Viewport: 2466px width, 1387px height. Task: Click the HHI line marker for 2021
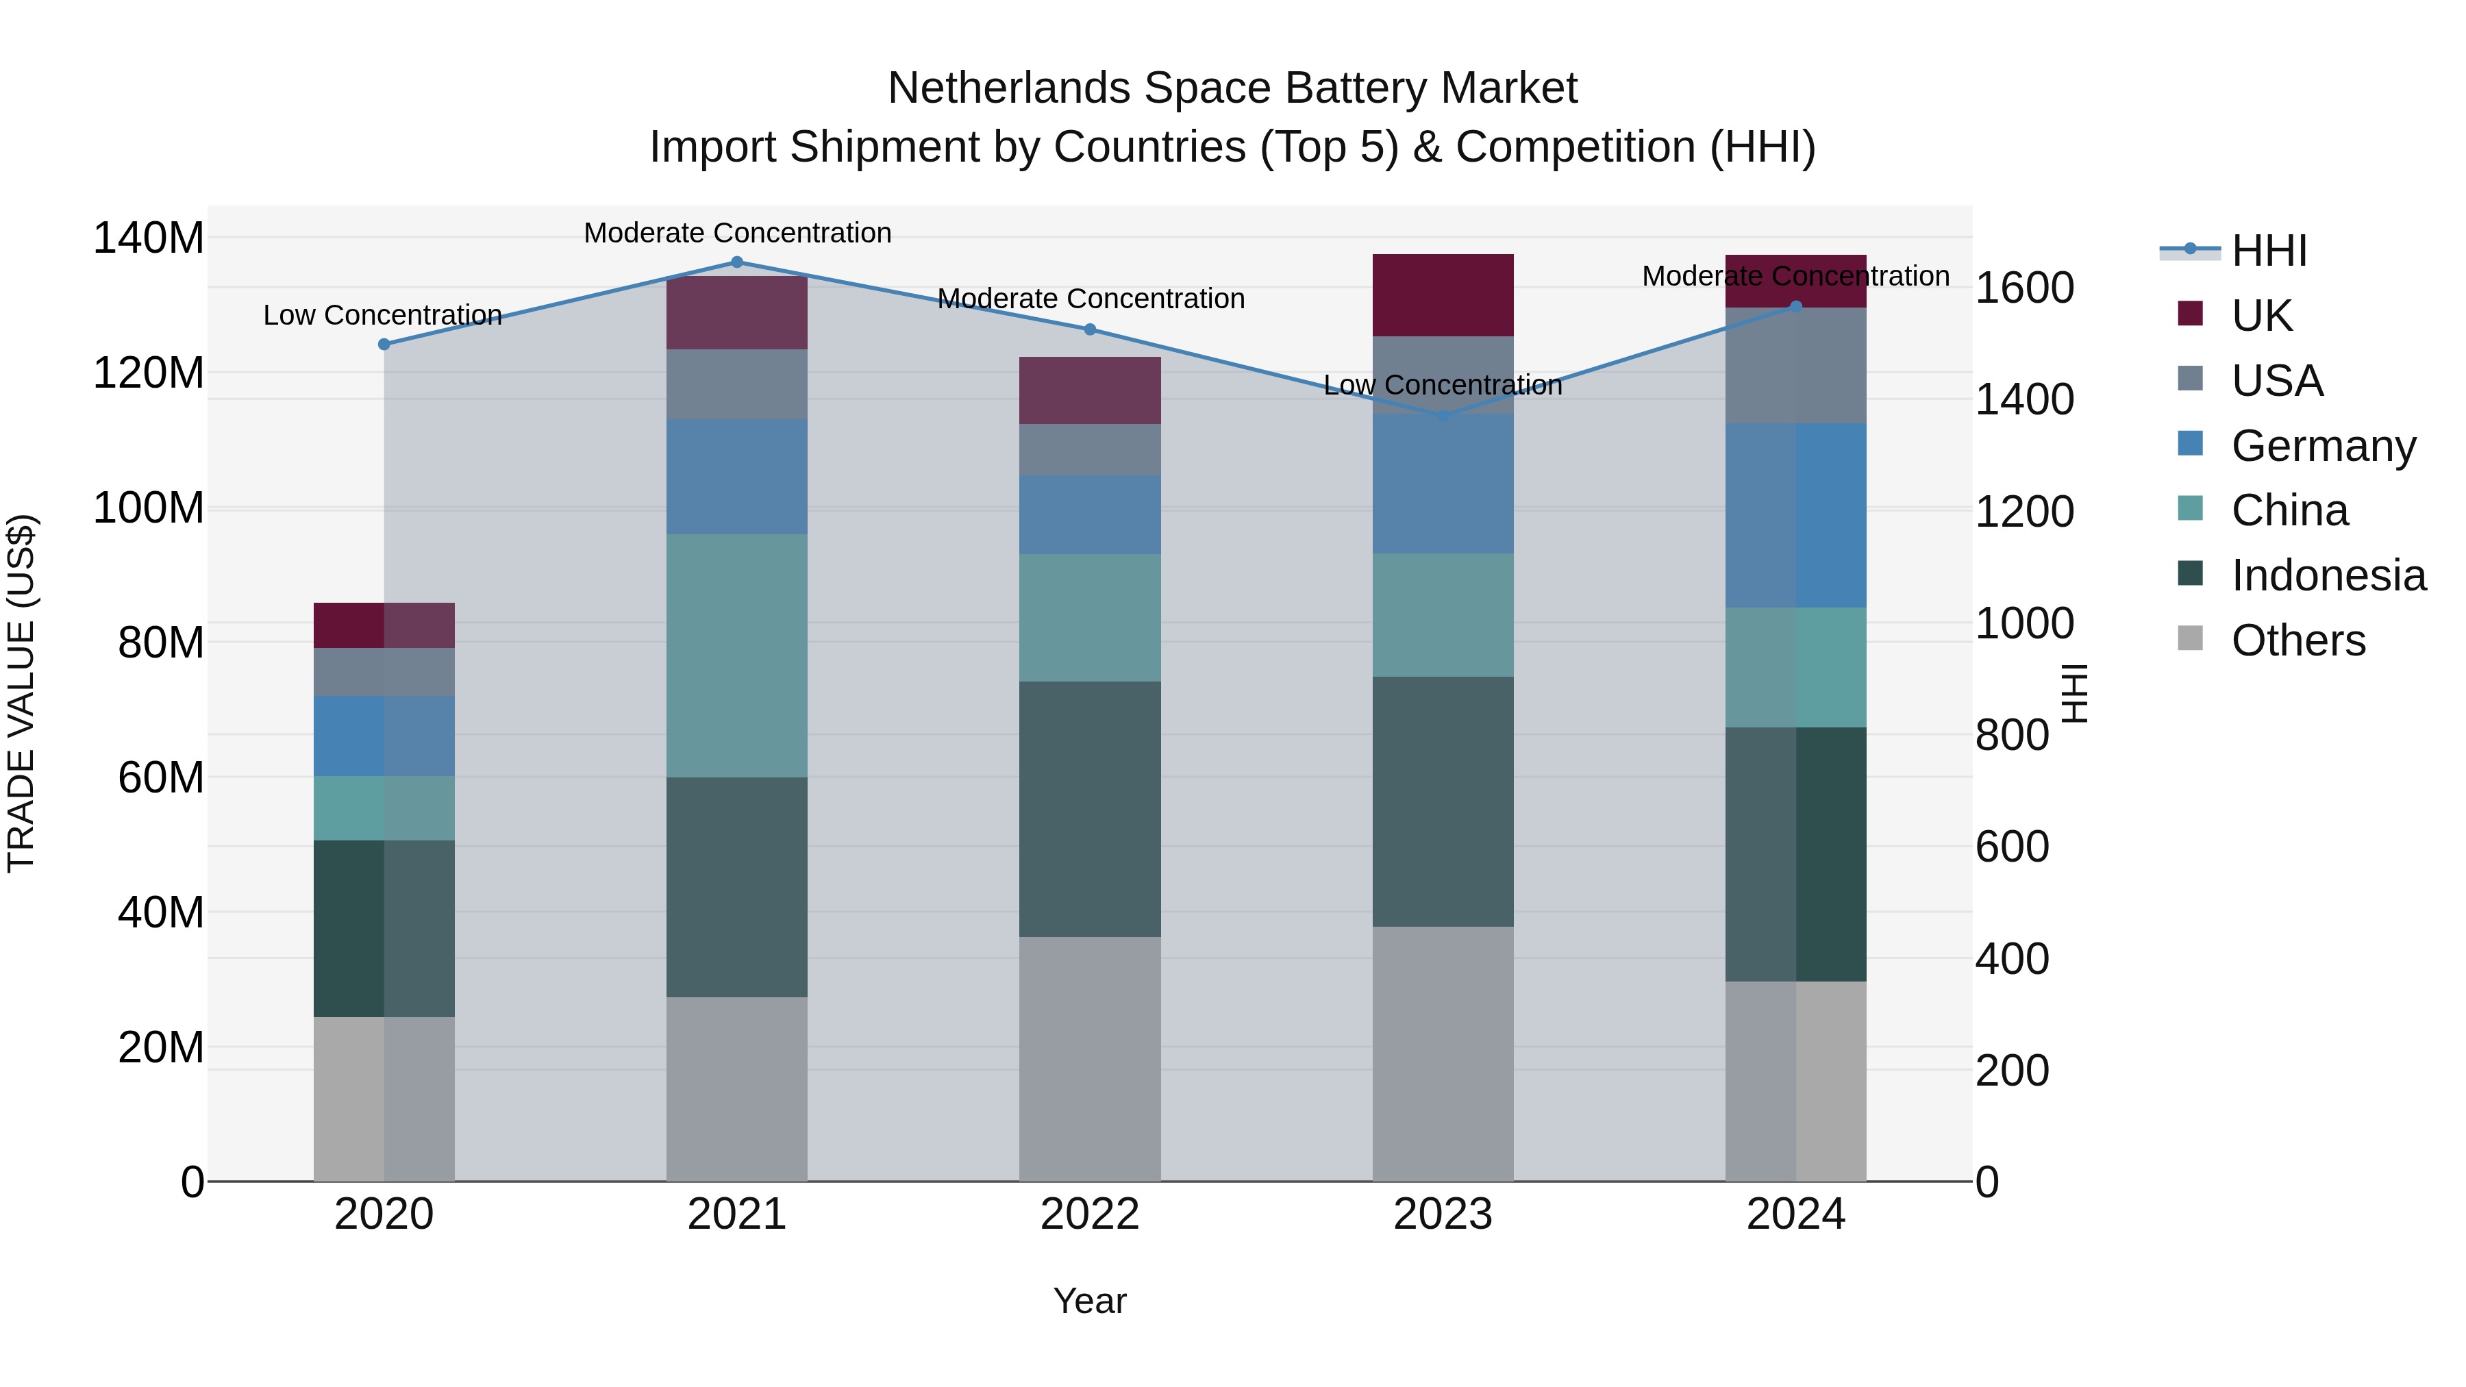[736, 262]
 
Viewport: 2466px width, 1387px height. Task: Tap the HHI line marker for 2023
[1443, 416]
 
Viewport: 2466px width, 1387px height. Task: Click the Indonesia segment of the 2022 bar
[1089, 809]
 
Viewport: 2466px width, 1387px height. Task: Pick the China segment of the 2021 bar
[736, 655]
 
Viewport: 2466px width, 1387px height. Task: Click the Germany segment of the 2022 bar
[1089, 515]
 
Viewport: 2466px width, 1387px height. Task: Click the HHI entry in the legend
[2268, 251]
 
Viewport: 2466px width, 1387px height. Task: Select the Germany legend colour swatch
[2189, 444]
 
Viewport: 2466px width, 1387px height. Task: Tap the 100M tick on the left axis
[149, 508]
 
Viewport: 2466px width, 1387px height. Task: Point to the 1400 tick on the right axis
[2023, 399]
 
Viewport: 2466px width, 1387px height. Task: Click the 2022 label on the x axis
[1089, 1214]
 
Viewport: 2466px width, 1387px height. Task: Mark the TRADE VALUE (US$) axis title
[22, 693]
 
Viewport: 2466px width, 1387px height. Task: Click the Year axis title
[1089, 1301]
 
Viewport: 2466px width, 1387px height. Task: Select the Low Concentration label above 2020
[382, 315]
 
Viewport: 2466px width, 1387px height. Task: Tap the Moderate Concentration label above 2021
[737, 233]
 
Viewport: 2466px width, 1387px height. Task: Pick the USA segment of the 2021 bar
[736, 384]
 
